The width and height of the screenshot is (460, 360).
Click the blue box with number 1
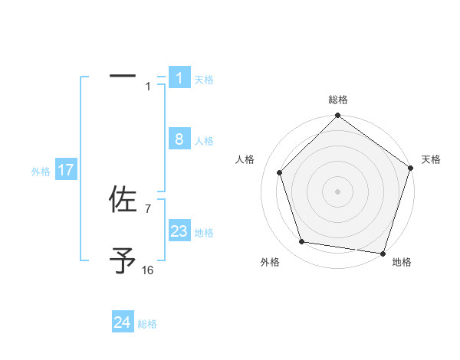[x=179, y=78]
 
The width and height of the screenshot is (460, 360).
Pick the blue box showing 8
[x=179, y=139]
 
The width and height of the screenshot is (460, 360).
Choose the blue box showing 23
[x=179, y=231]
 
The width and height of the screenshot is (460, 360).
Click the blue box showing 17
[x=66, y=170]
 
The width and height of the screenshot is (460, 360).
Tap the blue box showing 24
[x=123, y=322]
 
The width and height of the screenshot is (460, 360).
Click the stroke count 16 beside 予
[x=148, y=270]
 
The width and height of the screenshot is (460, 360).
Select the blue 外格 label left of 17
[x=41, y=172]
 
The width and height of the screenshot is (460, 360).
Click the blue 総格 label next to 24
[x=147, y=324]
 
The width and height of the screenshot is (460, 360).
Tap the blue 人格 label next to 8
[x=204, y=141]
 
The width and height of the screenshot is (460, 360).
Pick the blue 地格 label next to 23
[x=204, y=233]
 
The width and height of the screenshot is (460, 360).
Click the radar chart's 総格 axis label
[x=338, y=100]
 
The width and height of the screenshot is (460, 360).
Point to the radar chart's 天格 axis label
[x=431, y=159]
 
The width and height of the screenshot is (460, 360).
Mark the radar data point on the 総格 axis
[x=337, y=116]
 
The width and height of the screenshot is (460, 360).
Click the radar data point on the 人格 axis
[x=280, y=172]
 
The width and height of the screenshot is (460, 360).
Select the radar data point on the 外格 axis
[x=302, y=242]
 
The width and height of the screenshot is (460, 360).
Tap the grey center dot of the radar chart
[x=337, y=191]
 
